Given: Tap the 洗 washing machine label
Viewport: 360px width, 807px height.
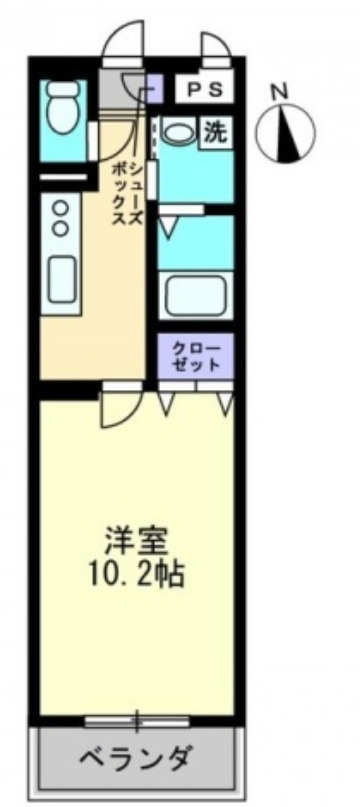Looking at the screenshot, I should click(x=214, y=131).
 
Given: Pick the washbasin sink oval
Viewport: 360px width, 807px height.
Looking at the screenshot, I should click(x=180, y=131).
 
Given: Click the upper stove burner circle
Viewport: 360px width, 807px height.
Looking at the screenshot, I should click(x=60, y=207).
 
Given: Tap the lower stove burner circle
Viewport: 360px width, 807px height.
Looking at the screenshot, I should click(x=60, y=228).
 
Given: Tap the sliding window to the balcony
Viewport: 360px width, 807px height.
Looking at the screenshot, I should click(x=137, y=720).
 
